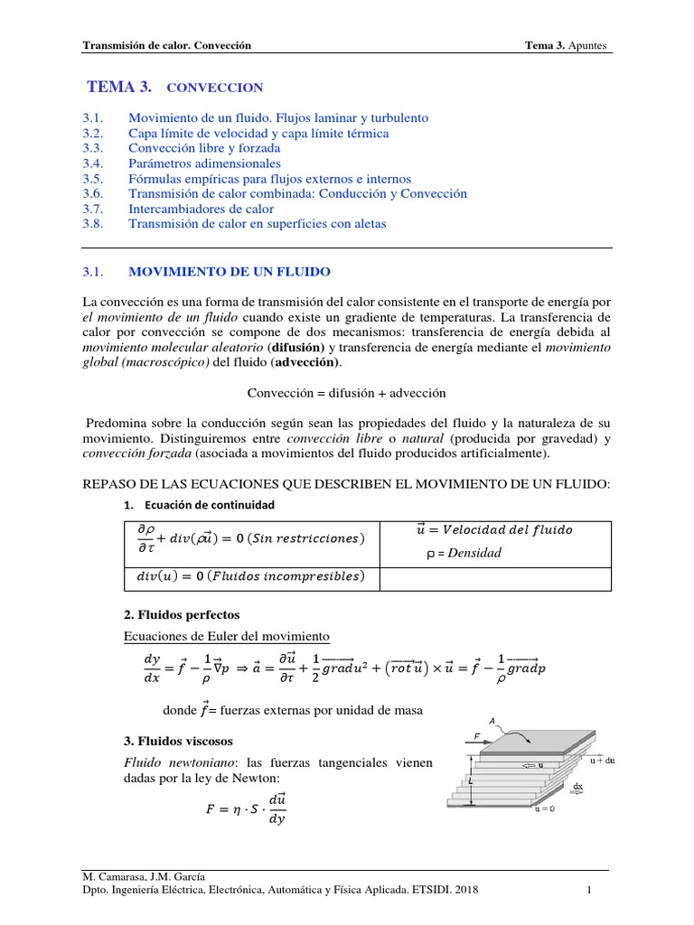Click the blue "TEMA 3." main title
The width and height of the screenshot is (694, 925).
tap(119, 87)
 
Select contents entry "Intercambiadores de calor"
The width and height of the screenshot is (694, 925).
tap(201, 209)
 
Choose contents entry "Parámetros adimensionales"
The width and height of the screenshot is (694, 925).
tap(204, 164)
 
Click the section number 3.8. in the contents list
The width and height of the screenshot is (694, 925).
tap(94, 224)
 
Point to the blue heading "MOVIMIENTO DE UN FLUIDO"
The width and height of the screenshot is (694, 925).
tap(230, 271)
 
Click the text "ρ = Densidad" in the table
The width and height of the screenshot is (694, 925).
tap(464, 553)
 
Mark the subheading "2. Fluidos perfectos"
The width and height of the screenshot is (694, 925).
tap(181, 614)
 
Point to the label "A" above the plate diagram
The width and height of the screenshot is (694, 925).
tap(492, 720)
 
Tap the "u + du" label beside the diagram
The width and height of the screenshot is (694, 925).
tap(604, 761)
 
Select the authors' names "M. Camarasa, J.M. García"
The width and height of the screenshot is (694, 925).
tap(143, 876)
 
